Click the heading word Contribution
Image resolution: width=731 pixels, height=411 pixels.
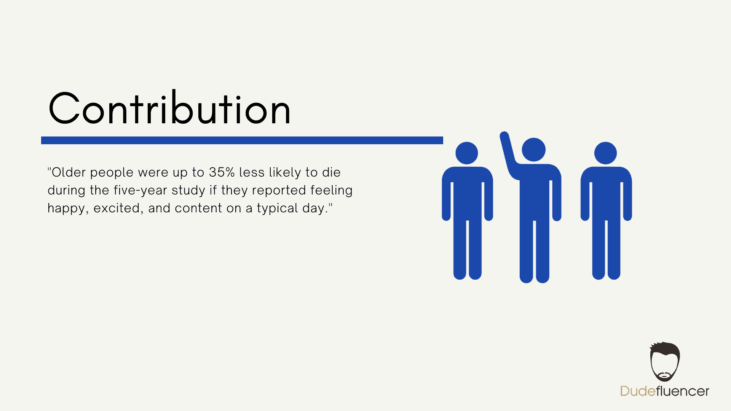pyautogui.click(x=170, y=108)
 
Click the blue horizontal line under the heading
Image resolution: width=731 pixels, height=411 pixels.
pyautogui.click(x=242, y=140)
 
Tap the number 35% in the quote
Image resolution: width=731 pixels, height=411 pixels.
pyautogui.click(x=222, y=172)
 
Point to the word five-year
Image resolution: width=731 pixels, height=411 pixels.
pyautogui.click(x=140, y=190)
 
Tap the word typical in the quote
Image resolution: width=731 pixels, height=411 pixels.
pyautogui.click(x=278, y=209)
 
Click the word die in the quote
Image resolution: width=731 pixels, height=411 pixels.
pyautogui.click(x=331, y=172)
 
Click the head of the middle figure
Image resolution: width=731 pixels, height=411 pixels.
pyautogui.click(x=534, y=150)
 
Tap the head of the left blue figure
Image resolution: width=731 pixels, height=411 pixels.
pyautogui.click(x=467, y=153)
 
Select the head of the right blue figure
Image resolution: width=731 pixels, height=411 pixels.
pyautogui.click(x=605, y=153)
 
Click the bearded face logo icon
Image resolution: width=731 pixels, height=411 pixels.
pyautogui.click(x=665, y=362)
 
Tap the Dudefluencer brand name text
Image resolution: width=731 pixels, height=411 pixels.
pyautogui.click(x=665, y=391)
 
